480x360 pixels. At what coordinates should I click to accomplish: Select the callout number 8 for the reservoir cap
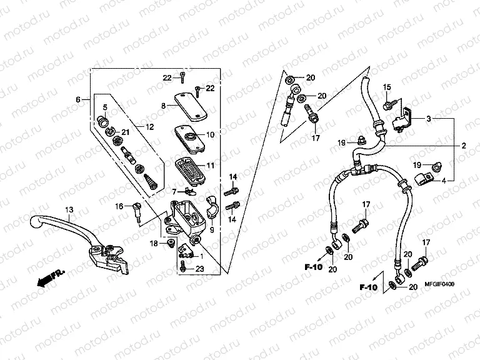coord(164,106)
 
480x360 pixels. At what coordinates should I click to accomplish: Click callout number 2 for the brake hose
coord(464,146)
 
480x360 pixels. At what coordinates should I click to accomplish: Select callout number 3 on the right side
coord(429,119)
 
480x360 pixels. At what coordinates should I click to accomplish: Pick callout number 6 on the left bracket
coord(79,100)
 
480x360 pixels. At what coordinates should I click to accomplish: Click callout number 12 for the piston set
coord(149,127)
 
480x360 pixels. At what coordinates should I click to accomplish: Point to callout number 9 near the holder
coord(212,230)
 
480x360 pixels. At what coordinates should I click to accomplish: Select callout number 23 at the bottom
coord(199,269)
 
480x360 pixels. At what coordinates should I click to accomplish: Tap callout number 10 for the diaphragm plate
coord(209,134)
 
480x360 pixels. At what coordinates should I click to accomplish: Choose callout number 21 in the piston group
coord(124,132)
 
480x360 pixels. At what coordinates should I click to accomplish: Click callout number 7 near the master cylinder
coord(174,191)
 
